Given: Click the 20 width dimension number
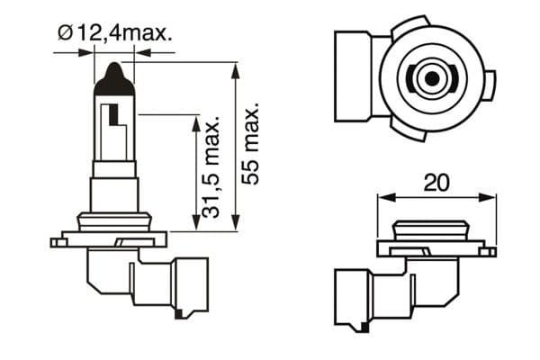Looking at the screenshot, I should [436, 183].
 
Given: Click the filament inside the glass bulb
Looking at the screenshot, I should [113, 116].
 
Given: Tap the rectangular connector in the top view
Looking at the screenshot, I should [354, 76].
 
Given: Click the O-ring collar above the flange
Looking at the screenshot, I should [113, 221].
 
